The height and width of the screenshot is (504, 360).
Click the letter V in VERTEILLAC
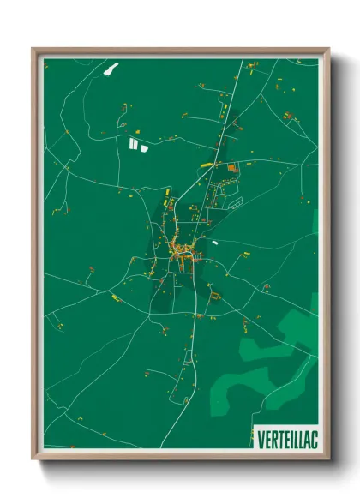(x=260, y=438)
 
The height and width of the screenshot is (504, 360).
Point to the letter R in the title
(x=271, y=438)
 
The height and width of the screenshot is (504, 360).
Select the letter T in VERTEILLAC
(x=277, y=438)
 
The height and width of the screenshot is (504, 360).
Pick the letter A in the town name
(x=303, y=438)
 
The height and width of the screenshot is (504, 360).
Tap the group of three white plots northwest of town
(x=137, y=144)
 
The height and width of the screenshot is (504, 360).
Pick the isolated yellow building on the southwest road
(x=115, y=297)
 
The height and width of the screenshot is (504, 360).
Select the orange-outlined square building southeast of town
(x=215, y=297)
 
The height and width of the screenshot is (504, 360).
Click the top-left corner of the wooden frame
(x=33, y=49)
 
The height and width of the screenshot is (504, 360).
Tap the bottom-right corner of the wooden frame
(x=329, y=459)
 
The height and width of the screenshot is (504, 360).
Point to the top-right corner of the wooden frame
(x=329, y=49)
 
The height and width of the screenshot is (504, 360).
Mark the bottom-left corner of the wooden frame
(x=33, y=459)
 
